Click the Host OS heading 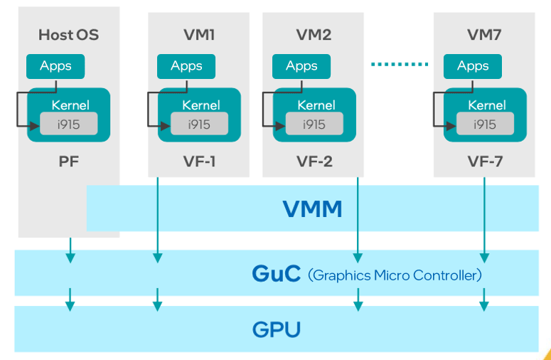tap(68, 34)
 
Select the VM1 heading tap(198, 34)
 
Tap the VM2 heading tap(314, 34)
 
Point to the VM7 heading tap(484, 34)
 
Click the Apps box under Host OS tap(55, 66)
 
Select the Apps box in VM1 tap(186, 66)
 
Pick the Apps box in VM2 tap(301, 66)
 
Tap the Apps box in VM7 tap(473, 66)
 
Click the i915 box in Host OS tap(68, 124)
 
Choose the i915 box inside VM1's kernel tap(199, 124)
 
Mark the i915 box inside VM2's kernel tap(314, 124)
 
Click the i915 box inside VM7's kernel tap(485, 124)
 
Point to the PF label tap(68, 161)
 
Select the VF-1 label tap(198, 162)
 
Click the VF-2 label tap(314, 162)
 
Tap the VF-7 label tap(484, 162)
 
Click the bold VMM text tap(312, 209)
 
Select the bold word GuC tap(276, 274)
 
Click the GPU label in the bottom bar tap(276, 330)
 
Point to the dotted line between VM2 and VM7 tap(400, 65)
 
